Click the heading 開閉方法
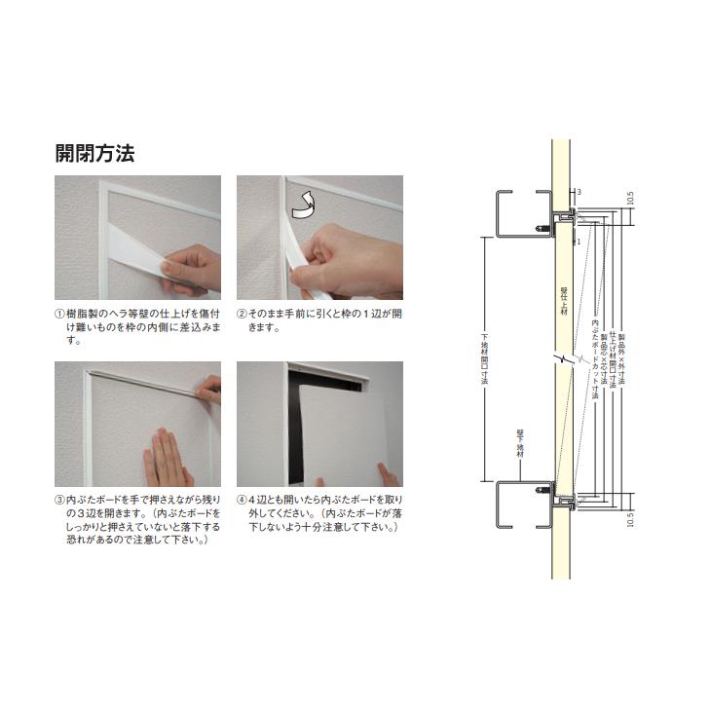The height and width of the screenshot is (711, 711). point(94,153)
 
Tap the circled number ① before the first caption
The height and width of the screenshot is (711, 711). point(60,315)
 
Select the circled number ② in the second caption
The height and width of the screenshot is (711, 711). point(243,315)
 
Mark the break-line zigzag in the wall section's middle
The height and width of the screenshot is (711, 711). point(561,361)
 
